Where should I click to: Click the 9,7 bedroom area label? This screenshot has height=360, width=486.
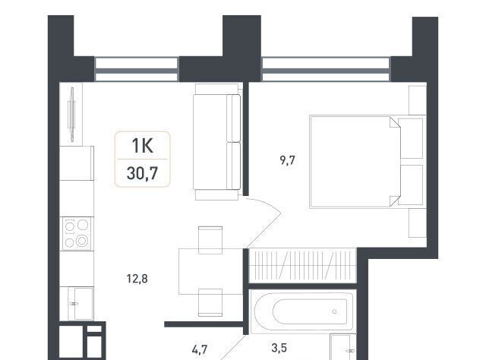pos(287,160)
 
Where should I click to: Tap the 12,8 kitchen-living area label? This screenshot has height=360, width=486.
pos(137,279)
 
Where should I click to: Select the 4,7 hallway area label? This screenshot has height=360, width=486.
pos(199,350)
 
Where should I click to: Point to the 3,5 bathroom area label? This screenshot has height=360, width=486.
pos(279,348)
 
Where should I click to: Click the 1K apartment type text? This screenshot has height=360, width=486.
pos(142,146)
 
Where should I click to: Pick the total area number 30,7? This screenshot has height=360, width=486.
pos(142,173)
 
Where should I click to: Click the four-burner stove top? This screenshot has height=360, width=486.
pos(77,233)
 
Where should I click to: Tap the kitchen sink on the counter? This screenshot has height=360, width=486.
pos(80,304)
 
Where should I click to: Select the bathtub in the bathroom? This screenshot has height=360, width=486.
pos(304,311)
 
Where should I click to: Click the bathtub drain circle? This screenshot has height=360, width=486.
pos(334,311)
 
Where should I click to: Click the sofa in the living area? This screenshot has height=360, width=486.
pos(217,142)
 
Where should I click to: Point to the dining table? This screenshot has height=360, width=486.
pos(211,271)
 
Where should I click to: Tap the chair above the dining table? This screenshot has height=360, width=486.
pos(210,240)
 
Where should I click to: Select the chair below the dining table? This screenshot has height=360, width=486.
pos(210,302)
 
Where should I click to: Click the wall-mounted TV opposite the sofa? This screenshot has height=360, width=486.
pos(72,115)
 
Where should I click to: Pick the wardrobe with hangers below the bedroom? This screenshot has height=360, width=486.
pos(303,265)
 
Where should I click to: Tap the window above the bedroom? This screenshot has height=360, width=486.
pos(326,69)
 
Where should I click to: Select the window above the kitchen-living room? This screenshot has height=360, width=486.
pos(137,69)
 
